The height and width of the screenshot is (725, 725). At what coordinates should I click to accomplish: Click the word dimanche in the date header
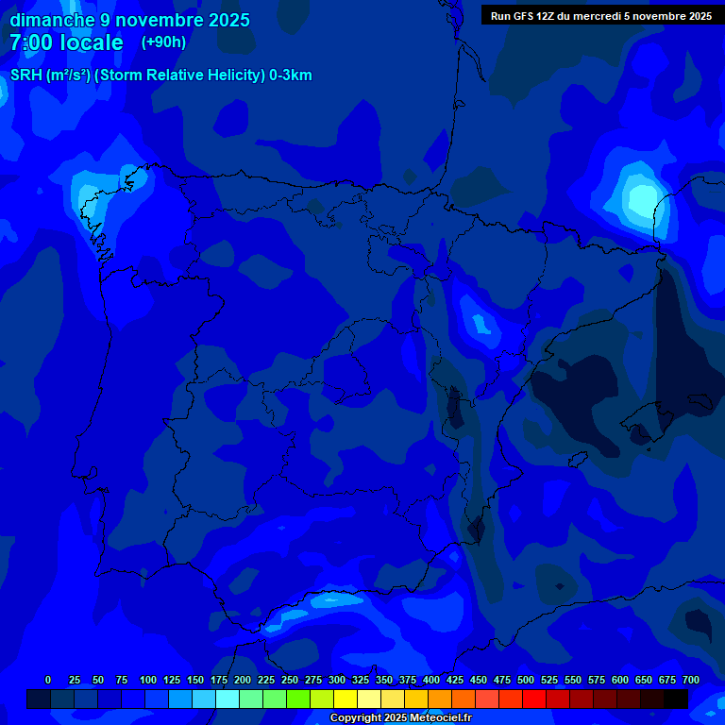tap(52, 20)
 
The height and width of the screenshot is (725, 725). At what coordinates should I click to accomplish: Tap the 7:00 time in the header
tap(31, 42)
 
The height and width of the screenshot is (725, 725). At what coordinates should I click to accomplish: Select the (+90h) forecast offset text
tap(163, 42)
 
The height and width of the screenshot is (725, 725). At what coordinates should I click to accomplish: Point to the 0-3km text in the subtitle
tap(291, 76)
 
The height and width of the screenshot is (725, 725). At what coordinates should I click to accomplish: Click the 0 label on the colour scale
tap(48, 680)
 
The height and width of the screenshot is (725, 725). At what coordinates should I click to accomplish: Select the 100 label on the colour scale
tap(148, 680)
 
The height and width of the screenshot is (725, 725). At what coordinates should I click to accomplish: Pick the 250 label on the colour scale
tap(290, 680)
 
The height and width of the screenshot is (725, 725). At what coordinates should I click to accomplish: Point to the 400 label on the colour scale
tap(431, 680)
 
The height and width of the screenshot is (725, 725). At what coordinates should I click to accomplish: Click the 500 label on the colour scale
tap(526, 680)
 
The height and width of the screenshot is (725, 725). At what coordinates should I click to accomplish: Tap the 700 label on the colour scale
tap(691, 680)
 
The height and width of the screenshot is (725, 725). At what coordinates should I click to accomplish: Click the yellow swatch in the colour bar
tap(346, 699)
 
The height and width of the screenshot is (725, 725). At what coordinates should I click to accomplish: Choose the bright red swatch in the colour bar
tap(534, 699)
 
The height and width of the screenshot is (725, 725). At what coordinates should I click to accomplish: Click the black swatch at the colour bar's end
tap(676, 699)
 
